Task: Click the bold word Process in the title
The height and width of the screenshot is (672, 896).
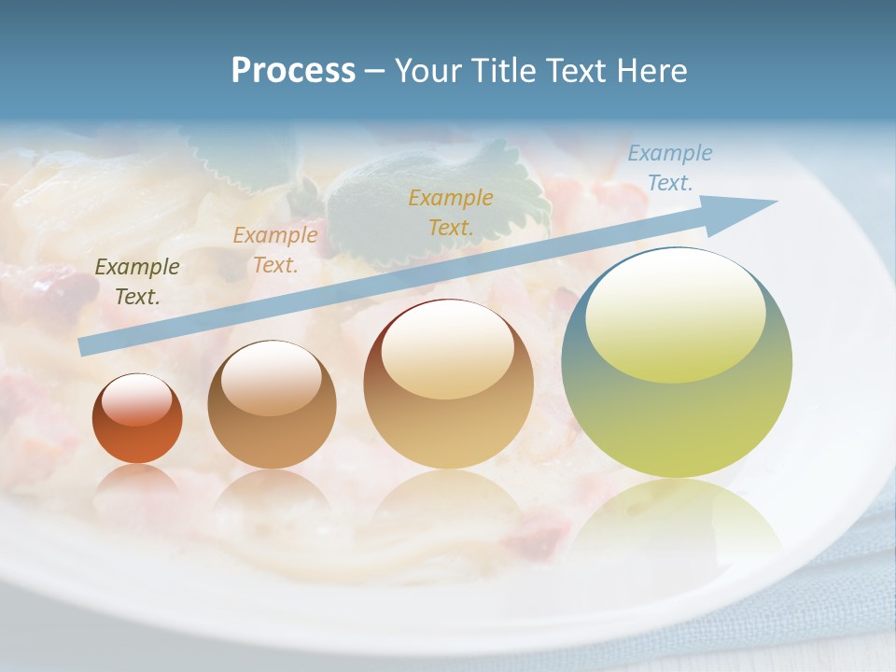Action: click(x=293, y=70)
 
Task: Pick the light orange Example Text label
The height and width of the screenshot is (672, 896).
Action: click(x=275, y=249)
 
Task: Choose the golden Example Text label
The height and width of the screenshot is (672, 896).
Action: click(x=451, y=212)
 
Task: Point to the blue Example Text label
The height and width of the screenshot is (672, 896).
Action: click(x=669, y=168)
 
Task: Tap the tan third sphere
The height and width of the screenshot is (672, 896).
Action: click(x=448, y=420)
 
